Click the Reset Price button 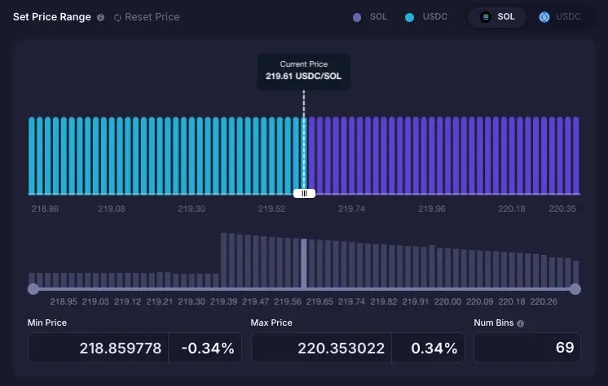tap(147, 17)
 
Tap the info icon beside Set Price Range tap(100, 17)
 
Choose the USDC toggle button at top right tap(560, 17)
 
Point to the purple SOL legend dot tap(357, 17)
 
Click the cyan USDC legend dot tap(409, 17)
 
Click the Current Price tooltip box tap(303, 70)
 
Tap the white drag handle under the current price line tap(304, 193)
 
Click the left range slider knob tap(33, 289)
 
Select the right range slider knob tap(575, 289)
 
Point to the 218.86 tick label tap(45, 209)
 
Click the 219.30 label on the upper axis tap(192, 209)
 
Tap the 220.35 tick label tap(562, 209)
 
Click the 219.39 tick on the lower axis tap(224, 302)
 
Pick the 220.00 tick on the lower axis tap(447, 302)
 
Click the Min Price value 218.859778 tap(121, 349)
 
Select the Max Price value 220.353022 tap(343, 349)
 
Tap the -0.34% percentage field tap(207, 349)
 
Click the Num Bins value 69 tap(565, 349)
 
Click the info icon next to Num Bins tap(520, 323)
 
